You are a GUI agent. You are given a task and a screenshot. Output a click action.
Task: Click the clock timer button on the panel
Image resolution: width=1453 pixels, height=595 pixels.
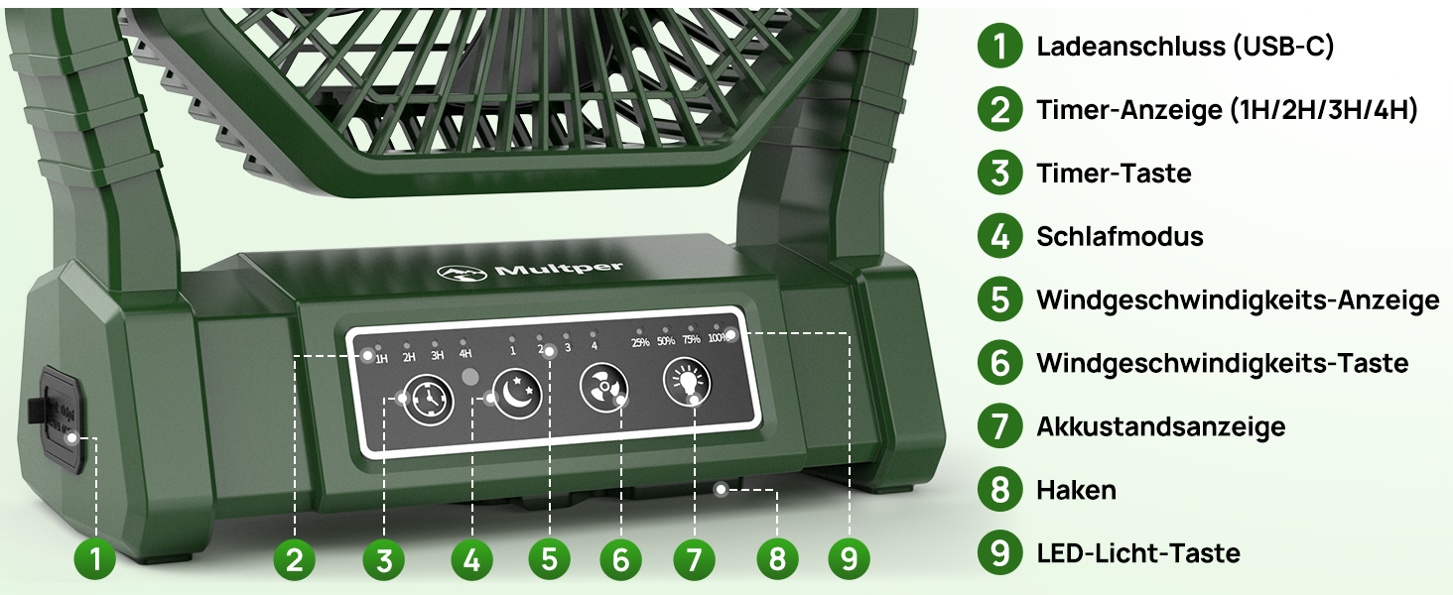(428, 400)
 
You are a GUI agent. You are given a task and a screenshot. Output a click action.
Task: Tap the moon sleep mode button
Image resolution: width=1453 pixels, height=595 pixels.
(517, 395)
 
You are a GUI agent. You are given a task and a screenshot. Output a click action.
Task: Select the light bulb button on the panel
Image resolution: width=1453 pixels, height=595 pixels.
(687, 383)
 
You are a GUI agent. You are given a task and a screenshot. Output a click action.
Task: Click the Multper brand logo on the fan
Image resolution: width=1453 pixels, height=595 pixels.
(529, 271)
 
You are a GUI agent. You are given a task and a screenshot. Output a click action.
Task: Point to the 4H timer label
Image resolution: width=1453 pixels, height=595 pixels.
(465, 353)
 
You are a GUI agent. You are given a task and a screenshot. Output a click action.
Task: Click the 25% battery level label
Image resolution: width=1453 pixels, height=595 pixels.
(640, 342)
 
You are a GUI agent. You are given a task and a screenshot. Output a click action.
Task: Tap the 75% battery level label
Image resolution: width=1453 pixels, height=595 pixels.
(691, 339)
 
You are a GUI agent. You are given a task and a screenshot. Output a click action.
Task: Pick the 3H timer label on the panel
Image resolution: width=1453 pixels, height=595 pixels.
(438, 355)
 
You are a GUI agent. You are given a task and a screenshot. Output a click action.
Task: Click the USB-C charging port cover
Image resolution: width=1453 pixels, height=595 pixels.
(61, 418)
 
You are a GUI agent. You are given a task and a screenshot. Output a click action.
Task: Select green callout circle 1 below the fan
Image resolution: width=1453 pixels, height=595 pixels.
(95, 558)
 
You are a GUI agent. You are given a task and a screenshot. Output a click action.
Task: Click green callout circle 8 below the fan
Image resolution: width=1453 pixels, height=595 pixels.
(777, 558)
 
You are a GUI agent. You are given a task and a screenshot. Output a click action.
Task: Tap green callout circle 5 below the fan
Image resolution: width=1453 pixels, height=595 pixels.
(549, 558)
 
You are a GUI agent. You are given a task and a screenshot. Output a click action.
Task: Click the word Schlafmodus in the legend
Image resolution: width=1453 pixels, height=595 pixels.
(1120, 237)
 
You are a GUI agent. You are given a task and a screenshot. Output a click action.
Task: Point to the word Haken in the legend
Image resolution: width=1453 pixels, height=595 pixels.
(1076, 490)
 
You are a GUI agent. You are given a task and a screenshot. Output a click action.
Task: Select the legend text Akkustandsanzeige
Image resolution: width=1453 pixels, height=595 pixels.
(1160, 426)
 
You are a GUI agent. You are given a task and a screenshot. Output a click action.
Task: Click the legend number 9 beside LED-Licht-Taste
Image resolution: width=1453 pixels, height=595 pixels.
(999, 552)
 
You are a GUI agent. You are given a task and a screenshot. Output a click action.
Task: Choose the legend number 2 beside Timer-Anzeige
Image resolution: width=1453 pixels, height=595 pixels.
(999, 109)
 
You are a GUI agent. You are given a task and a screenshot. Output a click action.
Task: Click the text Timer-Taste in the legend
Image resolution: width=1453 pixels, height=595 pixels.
(1114, 174)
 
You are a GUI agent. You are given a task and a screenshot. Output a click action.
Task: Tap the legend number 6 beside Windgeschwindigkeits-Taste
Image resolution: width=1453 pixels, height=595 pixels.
(999, 362)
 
